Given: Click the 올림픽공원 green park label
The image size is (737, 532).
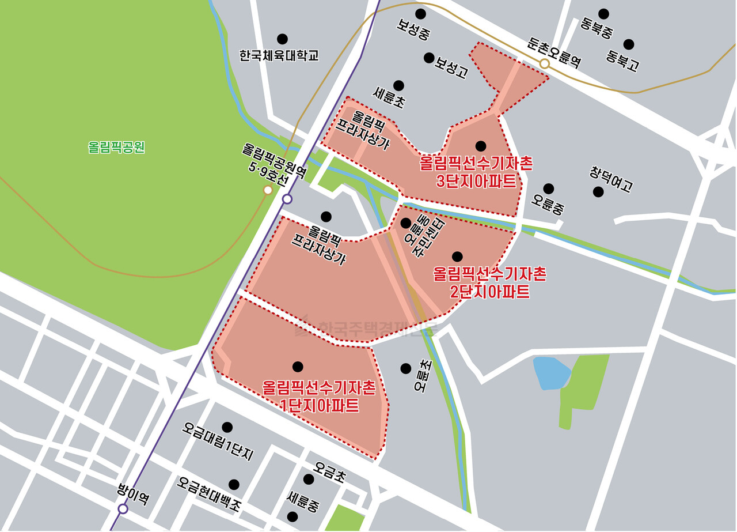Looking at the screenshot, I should (116, 147).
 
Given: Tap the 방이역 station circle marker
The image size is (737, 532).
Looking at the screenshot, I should (123, 508).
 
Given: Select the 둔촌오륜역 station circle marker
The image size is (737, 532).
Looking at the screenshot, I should (544, 63).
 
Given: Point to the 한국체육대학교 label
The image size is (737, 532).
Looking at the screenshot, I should (279, 55).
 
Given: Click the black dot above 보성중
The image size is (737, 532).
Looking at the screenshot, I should (420, 14).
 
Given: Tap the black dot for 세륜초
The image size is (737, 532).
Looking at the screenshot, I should (398, 85).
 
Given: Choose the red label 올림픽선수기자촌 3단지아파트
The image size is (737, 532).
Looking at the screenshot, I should (476, 172).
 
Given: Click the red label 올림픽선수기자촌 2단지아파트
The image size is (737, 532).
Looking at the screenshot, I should (489, 282).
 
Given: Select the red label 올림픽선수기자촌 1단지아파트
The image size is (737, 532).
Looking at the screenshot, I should (319, 396).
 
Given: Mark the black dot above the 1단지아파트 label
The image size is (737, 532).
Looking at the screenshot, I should (298, 367).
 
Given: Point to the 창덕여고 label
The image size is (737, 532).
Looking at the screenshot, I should (611, 179).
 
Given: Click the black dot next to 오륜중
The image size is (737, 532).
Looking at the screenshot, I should (549, 188).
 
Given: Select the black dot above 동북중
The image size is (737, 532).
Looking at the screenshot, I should (603, 14).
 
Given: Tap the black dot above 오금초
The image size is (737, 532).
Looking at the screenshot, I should (309, 479).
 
